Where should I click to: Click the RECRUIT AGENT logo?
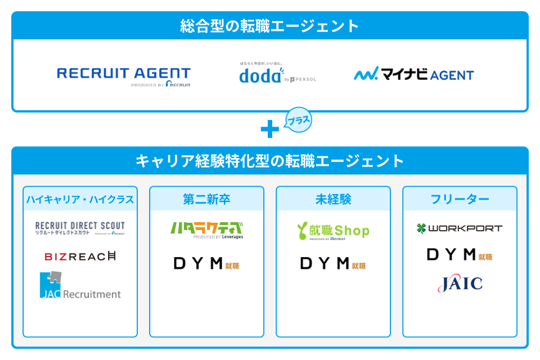124,76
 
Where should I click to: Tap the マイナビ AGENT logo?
414,74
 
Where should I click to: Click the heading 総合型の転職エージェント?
270,26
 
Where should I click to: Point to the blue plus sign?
270,130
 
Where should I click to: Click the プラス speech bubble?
298,120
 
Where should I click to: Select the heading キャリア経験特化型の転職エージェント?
270,161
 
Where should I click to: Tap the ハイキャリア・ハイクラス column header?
80,199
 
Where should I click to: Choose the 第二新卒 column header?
206,199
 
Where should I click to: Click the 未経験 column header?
333,199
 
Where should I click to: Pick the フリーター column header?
460,199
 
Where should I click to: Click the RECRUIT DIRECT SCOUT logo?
80,228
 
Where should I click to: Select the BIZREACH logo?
80,256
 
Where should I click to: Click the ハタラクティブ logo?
206,229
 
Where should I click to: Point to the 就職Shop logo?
333,231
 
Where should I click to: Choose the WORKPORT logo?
460,228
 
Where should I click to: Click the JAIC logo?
460,283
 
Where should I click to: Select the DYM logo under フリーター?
460,255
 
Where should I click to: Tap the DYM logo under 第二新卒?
206,263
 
